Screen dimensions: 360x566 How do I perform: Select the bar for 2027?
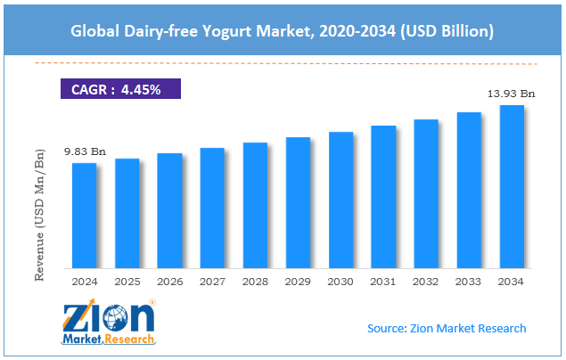click(212, 208)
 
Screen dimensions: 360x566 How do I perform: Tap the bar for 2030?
click(340, 200)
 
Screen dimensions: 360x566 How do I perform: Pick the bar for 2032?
click(426, 193)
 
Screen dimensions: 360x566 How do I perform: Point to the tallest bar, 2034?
click(512, 186)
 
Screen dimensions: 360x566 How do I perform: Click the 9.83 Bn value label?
click(84, 152)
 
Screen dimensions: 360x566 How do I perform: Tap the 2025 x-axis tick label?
click(127, 281)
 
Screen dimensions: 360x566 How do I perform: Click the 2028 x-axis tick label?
click(255, 281)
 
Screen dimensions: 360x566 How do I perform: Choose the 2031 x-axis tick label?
click(383, 281)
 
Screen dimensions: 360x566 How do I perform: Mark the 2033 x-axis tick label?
click(469, 281)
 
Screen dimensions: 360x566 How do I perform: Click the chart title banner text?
click(283, 31)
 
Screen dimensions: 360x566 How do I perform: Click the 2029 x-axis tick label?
click(298, 281)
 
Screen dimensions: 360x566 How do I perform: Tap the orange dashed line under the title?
click(283, 64)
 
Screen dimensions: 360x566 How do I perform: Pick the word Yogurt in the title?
click(225, 31)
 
